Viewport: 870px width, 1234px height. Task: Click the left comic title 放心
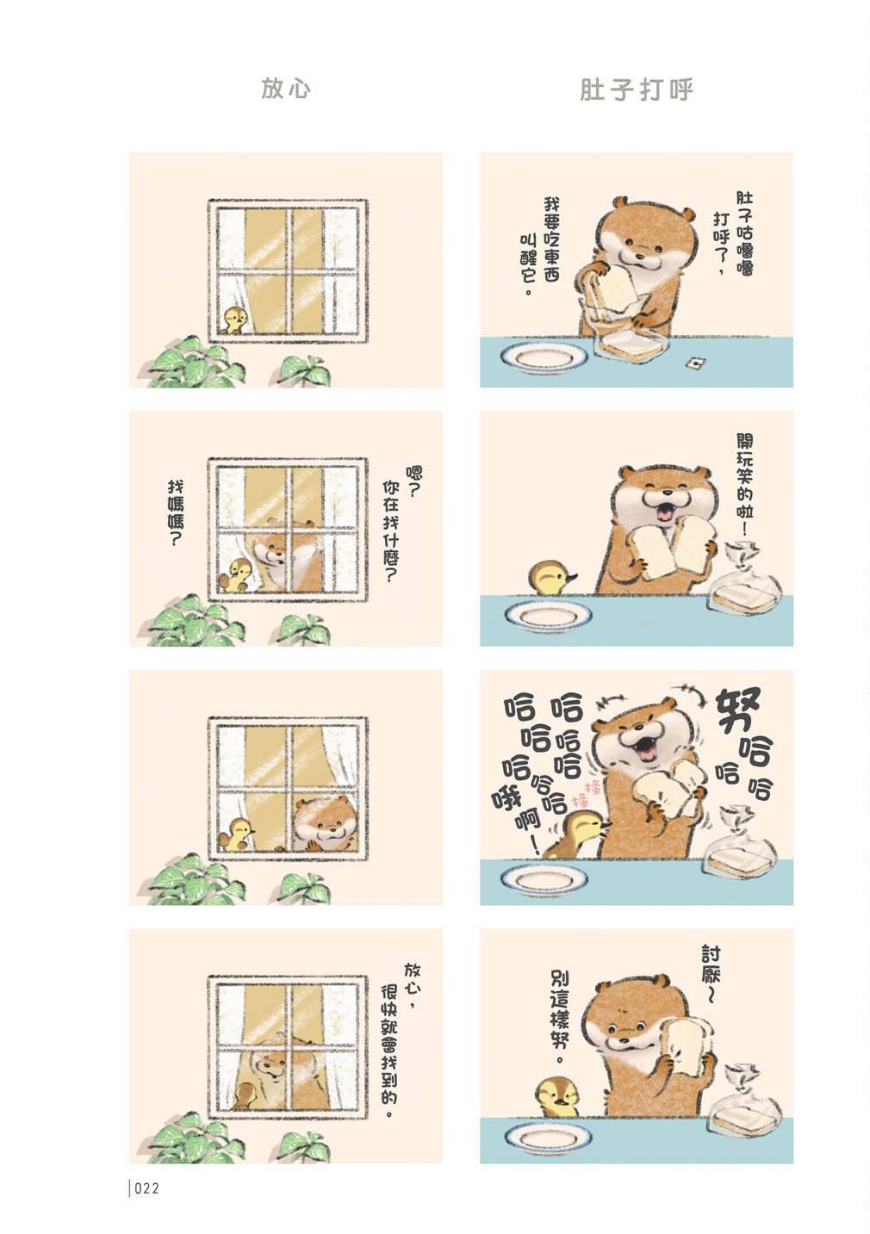[285, 89]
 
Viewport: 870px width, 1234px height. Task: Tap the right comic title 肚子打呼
[636, 90]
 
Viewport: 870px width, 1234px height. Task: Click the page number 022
[146, 1188]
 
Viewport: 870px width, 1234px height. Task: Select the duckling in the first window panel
[234, 320]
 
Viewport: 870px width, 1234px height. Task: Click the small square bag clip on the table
[693, 363]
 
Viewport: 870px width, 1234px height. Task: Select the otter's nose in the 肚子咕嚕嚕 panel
[639, 256]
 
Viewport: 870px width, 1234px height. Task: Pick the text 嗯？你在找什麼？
[400, 524]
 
